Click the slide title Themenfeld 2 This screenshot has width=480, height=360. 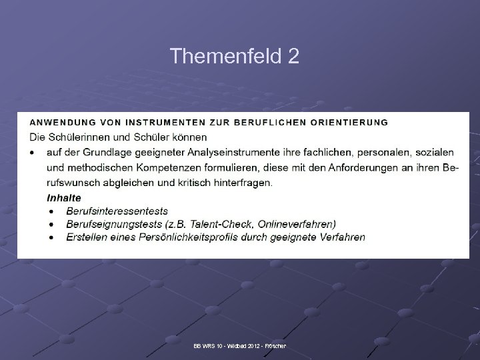coord(235,56)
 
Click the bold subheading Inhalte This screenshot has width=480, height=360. coord(64,197)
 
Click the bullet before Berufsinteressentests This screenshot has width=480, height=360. coord(51,211)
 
